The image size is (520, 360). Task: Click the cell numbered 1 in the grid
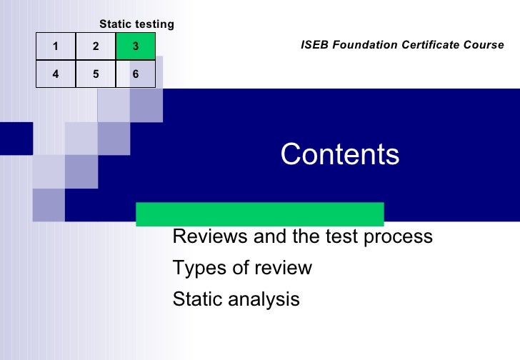[x=56, y=47]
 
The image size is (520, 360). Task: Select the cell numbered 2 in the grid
[x=95, y=47]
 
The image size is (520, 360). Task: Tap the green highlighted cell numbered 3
[x=135, y=47]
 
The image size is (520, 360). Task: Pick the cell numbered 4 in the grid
[x=56, y=74]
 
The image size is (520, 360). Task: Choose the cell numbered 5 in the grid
[x=95, y=74]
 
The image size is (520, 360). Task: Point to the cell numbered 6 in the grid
[x=135, y=74]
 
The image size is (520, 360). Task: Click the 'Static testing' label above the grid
[x=136, y=24]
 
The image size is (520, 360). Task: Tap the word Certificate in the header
[x=430, y=45]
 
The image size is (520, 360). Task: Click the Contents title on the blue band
[x=340, y=154]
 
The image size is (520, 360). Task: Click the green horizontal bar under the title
[x=260, y=214]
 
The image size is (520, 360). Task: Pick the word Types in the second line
[x=194, y=269]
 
